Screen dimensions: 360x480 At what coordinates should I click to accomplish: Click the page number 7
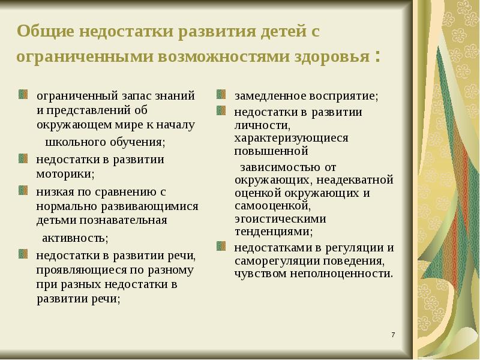tap(392, 334)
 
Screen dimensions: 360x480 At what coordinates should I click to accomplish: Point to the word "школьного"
tap(73, 142)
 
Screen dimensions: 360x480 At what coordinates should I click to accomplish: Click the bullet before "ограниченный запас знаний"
tap(23, 95)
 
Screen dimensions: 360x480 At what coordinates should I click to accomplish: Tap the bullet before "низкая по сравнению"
tap(23, 191)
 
